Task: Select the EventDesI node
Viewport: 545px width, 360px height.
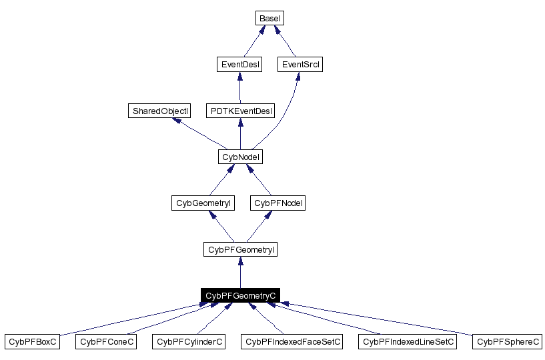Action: click(239, 65)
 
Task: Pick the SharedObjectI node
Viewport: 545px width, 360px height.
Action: click(159, 111)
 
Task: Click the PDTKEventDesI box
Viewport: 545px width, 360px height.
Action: click(239, 111)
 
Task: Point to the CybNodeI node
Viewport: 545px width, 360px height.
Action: click(239, 157)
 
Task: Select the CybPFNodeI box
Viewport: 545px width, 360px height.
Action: click(279, 203)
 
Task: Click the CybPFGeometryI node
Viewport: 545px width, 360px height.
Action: click(239, 249)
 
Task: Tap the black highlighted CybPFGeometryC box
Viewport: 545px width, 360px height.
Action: click(239, 295)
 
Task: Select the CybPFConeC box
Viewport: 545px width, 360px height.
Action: click(107, 341)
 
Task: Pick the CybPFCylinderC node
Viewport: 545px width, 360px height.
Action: click(189, 341)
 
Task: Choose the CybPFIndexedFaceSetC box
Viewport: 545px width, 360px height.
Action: click(293, 341)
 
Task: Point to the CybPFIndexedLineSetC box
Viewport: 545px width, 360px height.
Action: click(408, 341)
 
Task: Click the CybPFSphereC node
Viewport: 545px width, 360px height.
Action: click(508, 341)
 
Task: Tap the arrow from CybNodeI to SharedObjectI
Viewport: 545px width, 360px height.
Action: click(200, 133)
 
